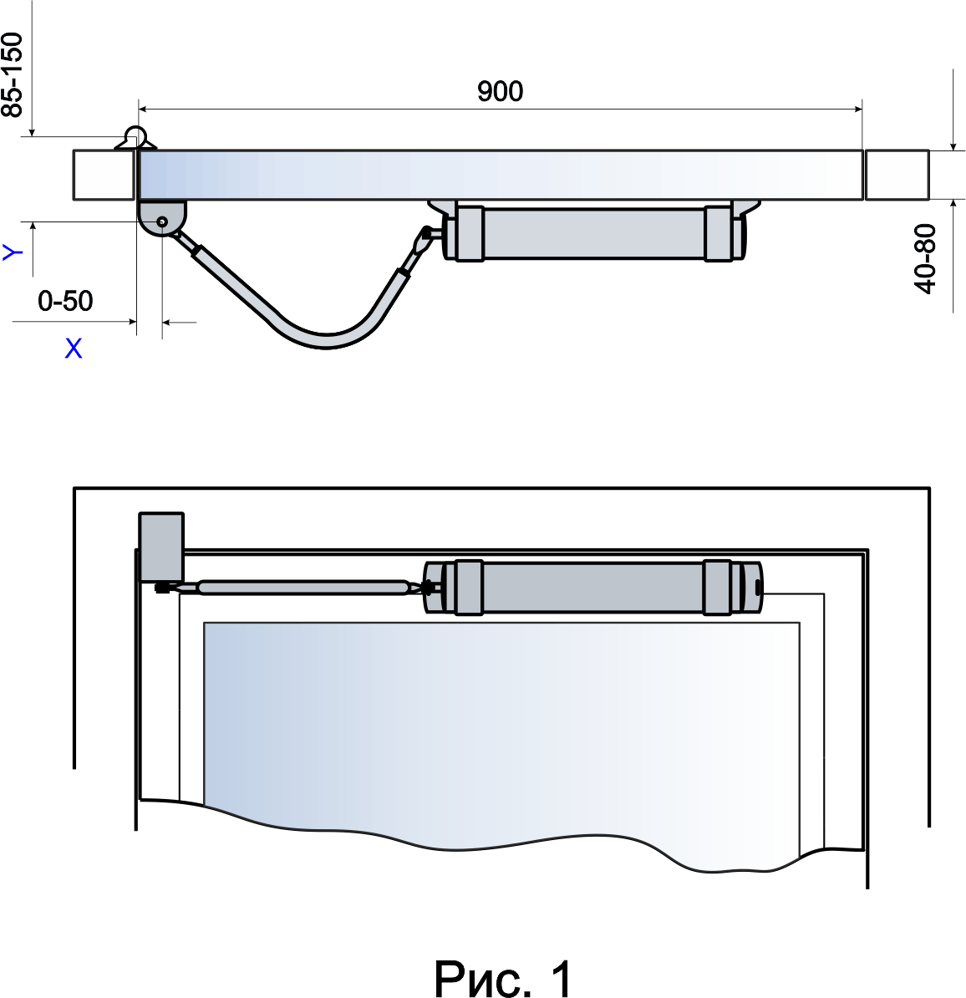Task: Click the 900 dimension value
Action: (501, 92)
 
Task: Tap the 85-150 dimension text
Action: (13, 75)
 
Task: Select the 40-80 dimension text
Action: (925, 258)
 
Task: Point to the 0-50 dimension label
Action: (65, 301)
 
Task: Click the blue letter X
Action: (74, 349)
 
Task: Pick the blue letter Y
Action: (13, 252)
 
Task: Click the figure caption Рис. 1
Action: (503, 978)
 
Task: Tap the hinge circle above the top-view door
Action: (135, 135)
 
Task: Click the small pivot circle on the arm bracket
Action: (162, 221)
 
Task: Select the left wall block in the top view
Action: (104, 175)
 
